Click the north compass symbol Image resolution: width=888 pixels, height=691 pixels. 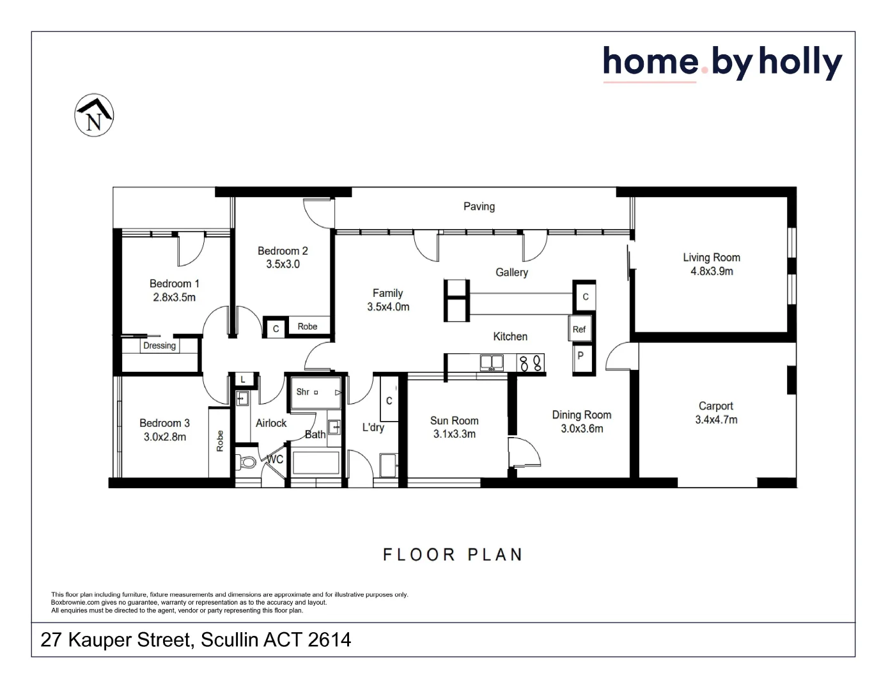click(94, 115)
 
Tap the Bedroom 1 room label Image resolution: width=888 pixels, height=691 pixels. click(174, 283)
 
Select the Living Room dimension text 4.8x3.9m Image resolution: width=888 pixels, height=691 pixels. click(712, 271)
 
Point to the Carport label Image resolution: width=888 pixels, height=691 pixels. click(715, 406)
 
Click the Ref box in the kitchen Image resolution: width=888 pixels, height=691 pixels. click(579, 330)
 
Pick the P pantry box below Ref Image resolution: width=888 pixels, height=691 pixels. click(580, 356)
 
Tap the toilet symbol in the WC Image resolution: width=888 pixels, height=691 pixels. click(246, 461)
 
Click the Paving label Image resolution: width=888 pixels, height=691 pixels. click(479, 206)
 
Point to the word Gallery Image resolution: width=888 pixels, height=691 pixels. click(511, 272)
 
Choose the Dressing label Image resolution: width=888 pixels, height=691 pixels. click(159, 345)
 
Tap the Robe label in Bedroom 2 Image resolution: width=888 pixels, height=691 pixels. click(308, 326)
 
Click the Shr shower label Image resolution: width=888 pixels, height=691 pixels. click(303, 392)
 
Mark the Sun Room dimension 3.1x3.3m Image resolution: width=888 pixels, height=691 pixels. click(454, 434)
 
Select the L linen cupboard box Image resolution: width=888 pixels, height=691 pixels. click(243, 379)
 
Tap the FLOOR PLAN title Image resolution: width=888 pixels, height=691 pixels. click(452, 554)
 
